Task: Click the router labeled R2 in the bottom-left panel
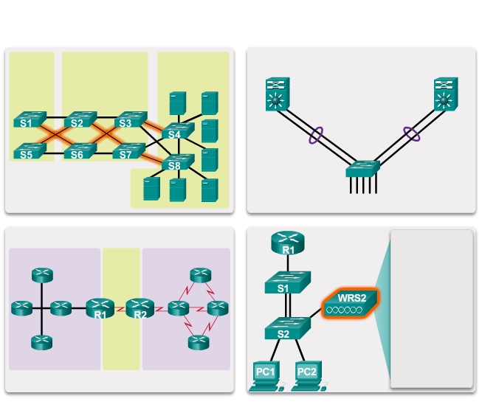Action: coord(137,308)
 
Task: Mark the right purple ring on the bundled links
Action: coord(411,135)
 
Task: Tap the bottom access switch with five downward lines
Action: coord(362,169)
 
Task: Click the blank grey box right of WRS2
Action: coord(431,307)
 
